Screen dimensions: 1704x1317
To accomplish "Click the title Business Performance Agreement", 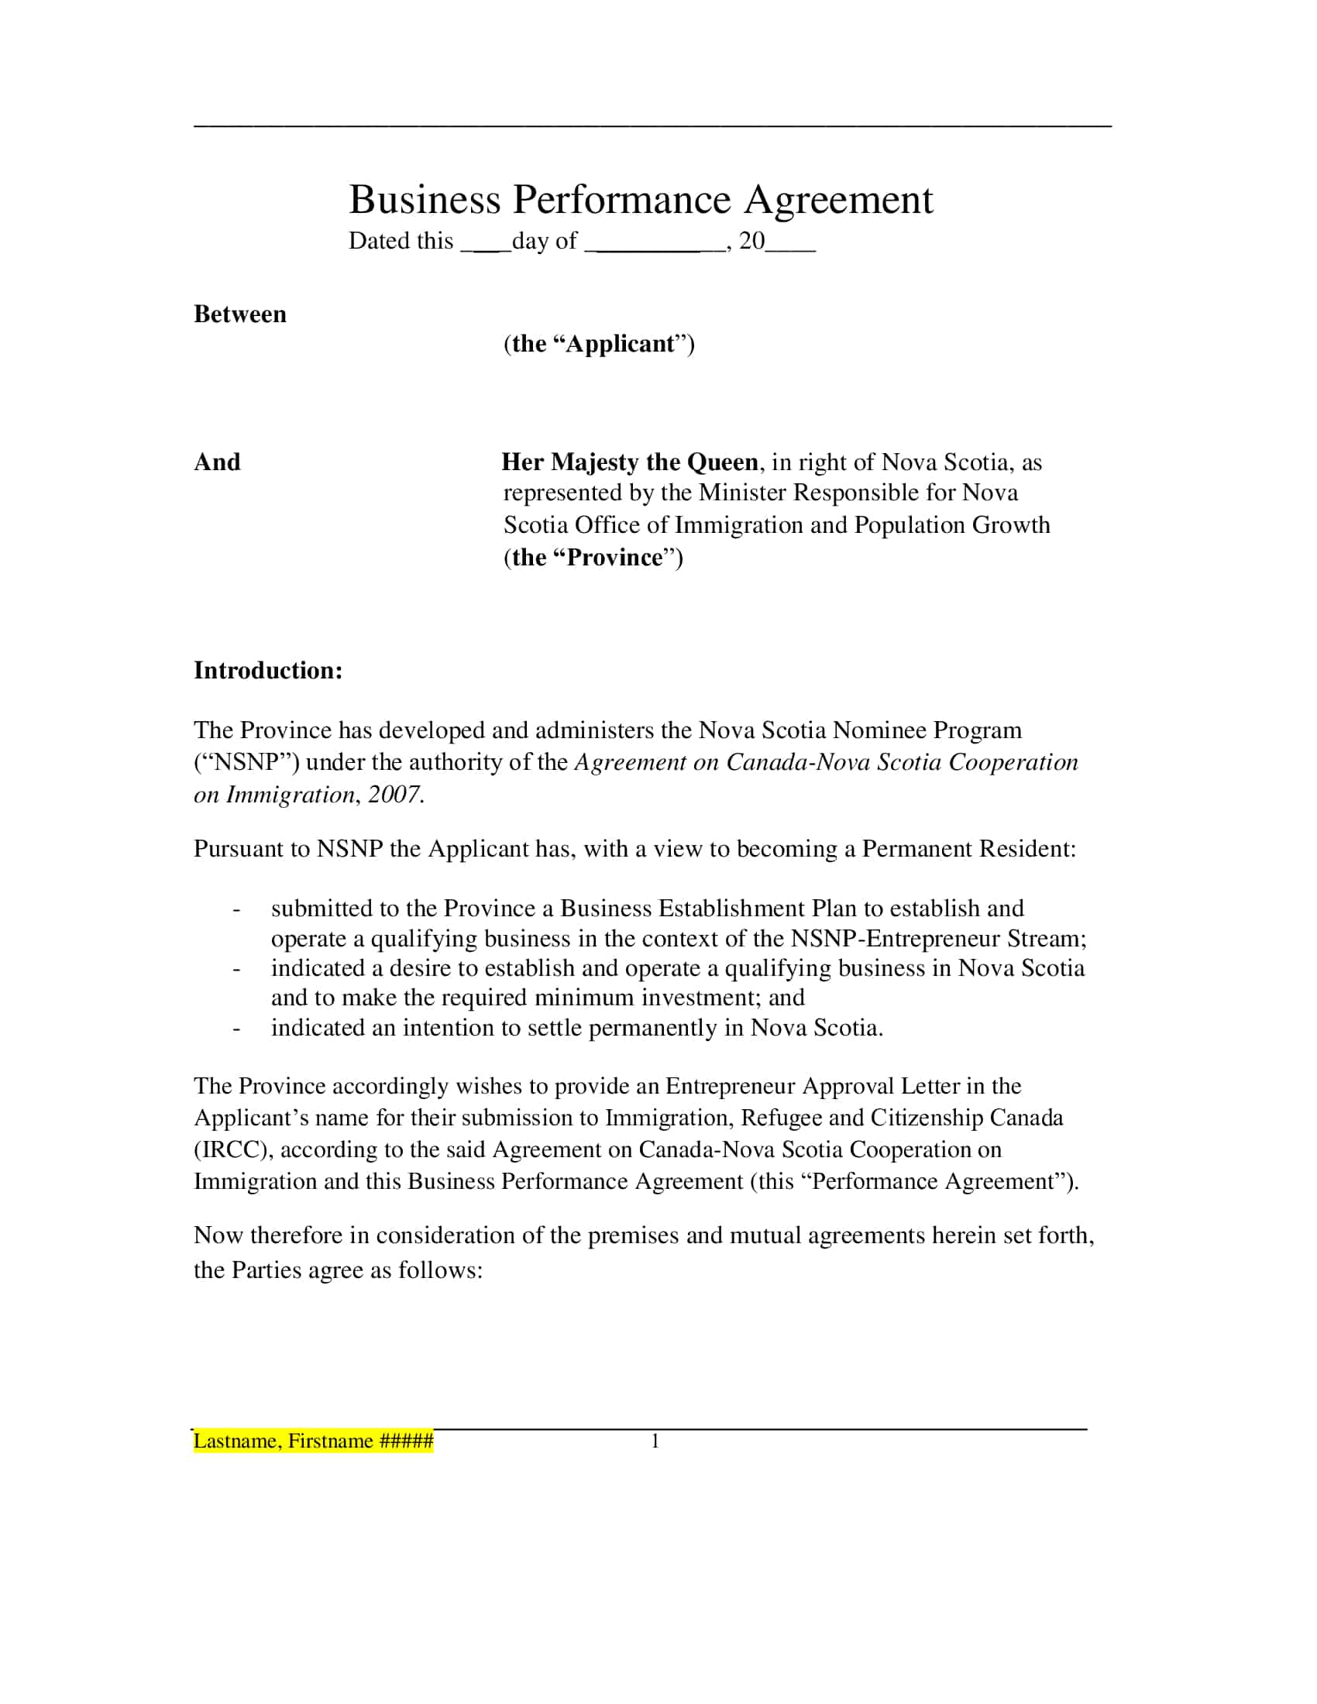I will [x=640, y=200].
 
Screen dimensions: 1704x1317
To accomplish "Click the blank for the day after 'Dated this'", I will [x=485, y=243].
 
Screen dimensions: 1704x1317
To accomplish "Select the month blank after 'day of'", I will [x=655, y=243].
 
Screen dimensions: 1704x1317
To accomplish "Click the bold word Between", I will [x=239, y=314].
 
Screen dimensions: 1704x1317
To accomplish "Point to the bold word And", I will [x=217, y=462].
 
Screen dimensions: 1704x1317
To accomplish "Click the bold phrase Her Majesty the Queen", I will [x=630, y=462].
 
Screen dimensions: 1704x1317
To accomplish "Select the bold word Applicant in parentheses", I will [x=621, y=344].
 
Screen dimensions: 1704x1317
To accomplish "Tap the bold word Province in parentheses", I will [x=615, y=557].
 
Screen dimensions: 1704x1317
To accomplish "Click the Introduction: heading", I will [x=267, y=670].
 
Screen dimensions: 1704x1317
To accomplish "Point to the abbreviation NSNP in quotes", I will [x=246, y=762].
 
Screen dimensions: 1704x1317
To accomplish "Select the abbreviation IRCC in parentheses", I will [x=233, y=1149].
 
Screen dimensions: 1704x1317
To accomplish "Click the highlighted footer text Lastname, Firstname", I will [x=312, y=1441].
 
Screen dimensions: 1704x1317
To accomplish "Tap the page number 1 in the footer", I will [x=655, y=1441].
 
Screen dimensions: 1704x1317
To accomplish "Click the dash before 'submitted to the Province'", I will [x=236, y=909].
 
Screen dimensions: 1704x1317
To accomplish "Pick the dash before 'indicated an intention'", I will [x=236, y=1029].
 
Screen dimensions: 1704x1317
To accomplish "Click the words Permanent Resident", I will [x=968, y=849].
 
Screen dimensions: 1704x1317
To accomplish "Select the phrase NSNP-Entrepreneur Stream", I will [x=938, y=939].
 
